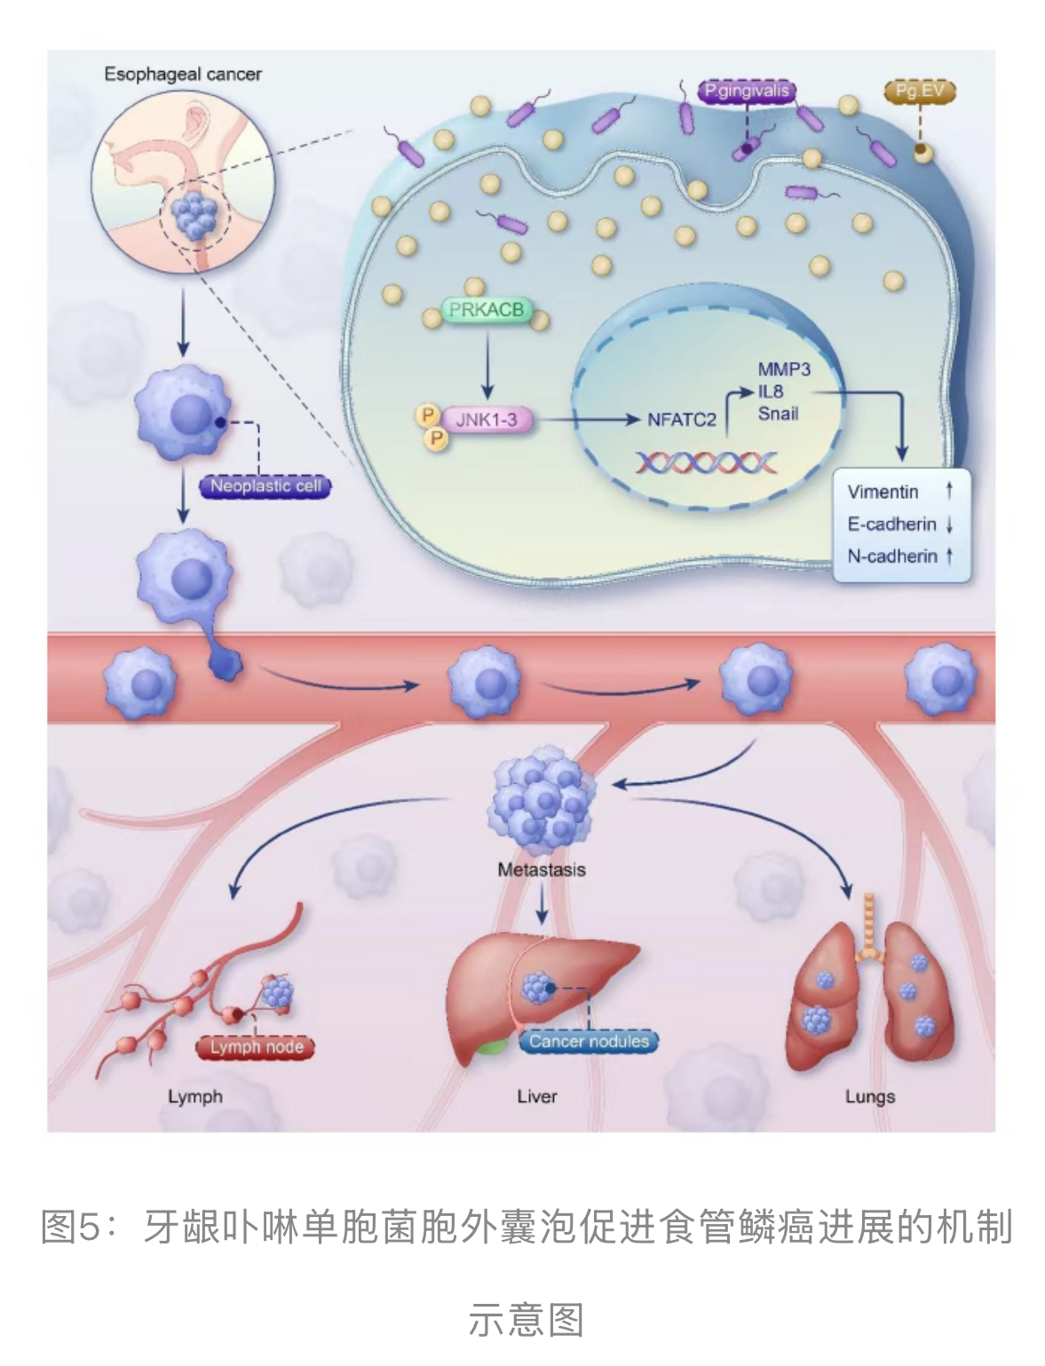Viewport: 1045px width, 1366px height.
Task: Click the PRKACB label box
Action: tap(486, 311)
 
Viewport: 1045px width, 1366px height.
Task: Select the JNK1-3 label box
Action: tap(487, 419)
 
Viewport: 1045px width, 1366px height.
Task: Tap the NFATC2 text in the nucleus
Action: tap(681, 419)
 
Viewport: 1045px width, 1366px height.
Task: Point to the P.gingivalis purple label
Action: tap(746, 91)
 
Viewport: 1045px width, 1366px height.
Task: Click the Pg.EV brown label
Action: tap(919, 91)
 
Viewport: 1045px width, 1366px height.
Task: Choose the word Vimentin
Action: tap(883, 492)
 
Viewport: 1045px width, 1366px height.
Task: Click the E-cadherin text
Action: tap(891, 524)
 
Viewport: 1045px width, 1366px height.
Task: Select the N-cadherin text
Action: tap(891, 556)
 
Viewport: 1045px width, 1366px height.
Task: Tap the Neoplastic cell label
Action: tap(265, 486)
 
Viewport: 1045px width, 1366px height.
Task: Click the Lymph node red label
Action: tap(256, 1046)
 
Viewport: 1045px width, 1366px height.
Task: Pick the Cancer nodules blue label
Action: tap(589, 1040)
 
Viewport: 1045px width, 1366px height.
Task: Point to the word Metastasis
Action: tap(542, 870)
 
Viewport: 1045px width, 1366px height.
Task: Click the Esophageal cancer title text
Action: tap(183, 75)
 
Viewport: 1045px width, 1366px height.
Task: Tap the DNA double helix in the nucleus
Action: tap(706, 462)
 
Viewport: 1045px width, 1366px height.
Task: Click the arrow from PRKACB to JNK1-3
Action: tap(487, 364)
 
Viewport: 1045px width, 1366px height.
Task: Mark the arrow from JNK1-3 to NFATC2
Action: tap(586, 419)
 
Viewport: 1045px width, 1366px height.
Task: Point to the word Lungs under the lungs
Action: tap(869, 1096)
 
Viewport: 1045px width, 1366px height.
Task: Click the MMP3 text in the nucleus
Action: tap(783, 369)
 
